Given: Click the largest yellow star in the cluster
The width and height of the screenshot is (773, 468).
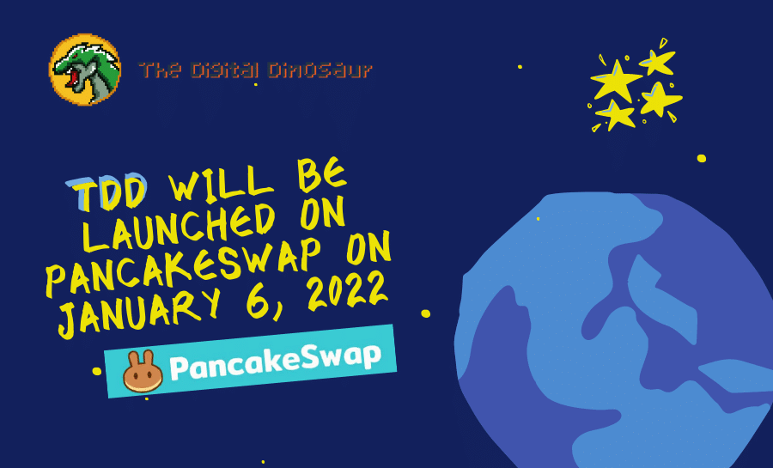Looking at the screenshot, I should [616, 82].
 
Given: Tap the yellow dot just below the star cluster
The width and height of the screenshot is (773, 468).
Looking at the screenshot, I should [702, 158].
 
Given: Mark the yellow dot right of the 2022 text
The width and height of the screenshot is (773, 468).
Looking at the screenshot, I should [425, 313].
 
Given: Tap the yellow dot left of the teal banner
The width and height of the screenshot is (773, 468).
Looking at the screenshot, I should [97, 372].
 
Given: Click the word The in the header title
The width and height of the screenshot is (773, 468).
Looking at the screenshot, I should [159, 70].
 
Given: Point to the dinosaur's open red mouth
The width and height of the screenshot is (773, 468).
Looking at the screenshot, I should [80, 79].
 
